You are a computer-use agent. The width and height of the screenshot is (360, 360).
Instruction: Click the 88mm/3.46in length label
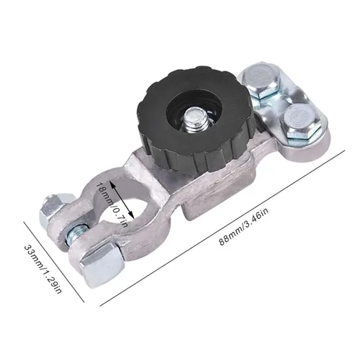click(244, 227)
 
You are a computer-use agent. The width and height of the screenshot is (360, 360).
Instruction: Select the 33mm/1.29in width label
click(42, 269)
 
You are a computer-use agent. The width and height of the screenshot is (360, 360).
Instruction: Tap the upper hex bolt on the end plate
click(261, 81)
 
